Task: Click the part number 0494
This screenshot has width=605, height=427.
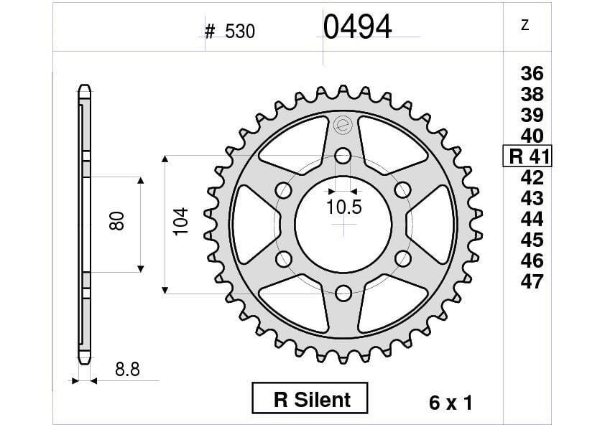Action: pos(357,27)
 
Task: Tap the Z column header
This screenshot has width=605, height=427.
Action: pos(525,26)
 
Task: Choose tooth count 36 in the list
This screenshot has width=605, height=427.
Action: pos(532,73)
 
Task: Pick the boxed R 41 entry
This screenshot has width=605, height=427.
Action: pos(528,156)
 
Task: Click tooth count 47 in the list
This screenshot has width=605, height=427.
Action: pos(532,281)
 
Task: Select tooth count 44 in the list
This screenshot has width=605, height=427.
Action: pos(532,219)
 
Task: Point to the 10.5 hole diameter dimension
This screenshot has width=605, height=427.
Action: pos(343,208)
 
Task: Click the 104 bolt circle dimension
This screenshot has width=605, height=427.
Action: pos(180,222)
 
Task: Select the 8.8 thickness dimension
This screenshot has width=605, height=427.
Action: pos(126,370)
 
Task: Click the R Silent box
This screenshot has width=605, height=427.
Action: pos(310,399)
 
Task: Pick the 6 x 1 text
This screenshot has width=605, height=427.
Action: pos(450,403)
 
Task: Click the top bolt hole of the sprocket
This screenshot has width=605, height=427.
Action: pos(343,156)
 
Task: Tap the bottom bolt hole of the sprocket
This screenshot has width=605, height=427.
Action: pos(343,292)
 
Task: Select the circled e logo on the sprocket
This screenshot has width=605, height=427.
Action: pos(343,123)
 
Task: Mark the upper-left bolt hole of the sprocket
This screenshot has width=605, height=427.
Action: pos(285,189)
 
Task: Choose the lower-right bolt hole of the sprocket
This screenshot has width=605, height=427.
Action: pos(402,258)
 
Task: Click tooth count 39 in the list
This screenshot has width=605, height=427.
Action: pos(532,115)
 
